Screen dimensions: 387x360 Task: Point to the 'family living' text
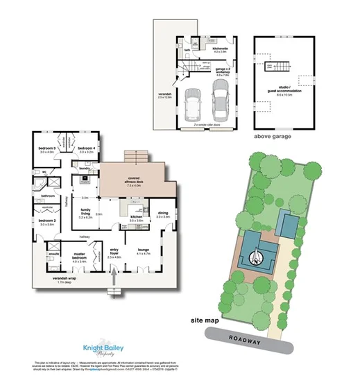pyautogui.click(x=86, y=212)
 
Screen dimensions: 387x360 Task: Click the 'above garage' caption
pyautogui.click(x=273, y=137)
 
